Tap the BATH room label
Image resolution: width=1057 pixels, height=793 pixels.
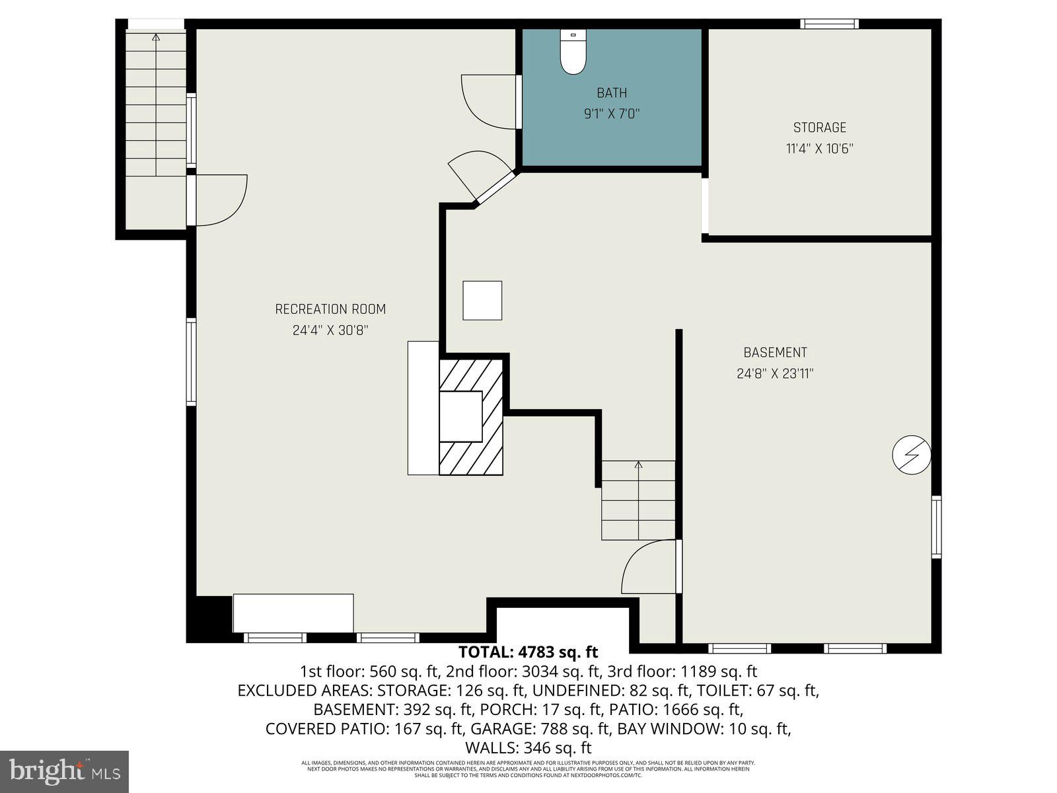612,93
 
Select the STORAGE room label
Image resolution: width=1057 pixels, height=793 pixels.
819,128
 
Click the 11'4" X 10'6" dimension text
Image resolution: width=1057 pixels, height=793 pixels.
819,149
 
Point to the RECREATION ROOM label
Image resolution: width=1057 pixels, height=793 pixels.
330,309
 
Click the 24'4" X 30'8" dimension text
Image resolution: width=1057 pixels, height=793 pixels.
330,330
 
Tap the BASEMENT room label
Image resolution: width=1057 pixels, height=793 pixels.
775,353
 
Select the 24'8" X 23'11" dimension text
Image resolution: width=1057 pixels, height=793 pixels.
775,374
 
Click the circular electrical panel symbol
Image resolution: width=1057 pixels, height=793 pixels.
911,455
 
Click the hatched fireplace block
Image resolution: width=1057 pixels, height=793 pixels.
472,416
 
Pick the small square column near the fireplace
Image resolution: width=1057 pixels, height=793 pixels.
482,301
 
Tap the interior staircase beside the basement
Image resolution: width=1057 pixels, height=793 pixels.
638,500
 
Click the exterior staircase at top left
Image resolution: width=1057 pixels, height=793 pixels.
156,106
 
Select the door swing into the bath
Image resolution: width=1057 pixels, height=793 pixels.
489,102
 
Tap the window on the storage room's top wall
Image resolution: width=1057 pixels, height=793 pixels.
829,24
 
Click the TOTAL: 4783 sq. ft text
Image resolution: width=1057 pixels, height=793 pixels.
528,653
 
